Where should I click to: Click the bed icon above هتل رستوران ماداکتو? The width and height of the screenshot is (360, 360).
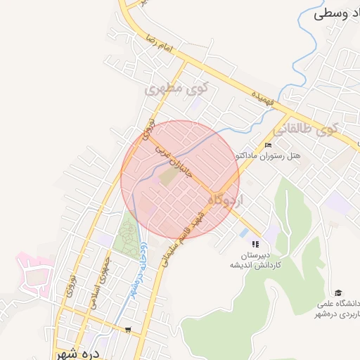point(267,146)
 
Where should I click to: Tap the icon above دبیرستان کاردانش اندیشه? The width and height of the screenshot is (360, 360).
point(255,243)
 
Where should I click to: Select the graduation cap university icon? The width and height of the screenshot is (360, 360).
point(338,292)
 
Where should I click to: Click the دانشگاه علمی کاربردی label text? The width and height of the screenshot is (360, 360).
point(336,309)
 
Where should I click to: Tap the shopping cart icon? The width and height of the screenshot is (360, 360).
point(127,329)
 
